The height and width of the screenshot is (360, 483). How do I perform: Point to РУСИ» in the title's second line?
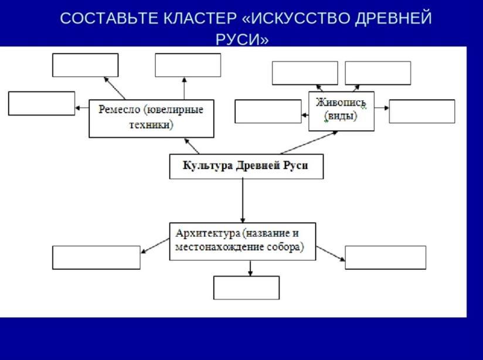[242, 40]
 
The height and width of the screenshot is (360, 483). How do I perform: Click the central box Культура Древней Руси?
[246, 166]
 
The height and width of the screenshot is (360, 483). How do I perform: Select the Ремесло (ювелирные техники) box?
[151, 118]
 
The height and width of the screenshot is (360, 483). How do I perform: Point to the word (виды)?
[341, 116]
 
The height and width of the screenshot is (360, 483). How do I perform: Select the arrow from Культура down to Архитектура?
[243, 199]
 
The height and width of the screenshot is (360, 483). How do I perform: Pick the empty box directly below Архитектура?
[246, 287]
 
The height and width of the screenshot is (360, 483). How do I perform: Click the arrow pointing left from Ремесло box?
[82, 108]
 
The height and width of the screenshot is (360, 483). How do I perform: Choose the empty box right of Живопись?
[421, 111]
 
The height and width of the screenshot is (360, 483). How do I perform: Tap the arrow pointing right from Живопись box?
[382, 108]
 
